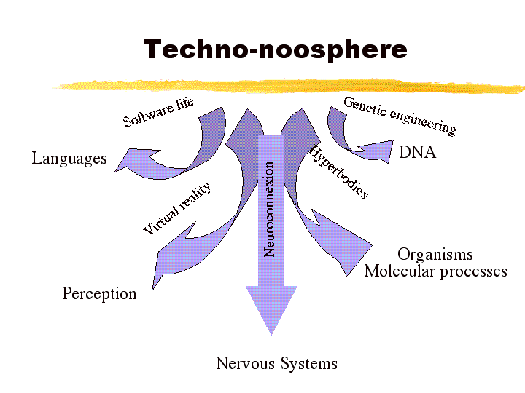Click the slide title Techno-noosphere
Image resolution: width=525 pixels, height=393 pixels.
pyautogui.click(x=275, y=49)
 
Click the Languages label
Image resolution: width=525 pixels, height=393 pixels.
pyautogui.click(x=69, y=158)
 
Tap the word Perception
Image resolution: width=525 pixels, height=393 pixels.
pyautogui.click(x=99, y=293)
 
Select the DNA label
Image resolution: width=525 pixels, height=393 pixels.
pyautogui.click(x=417, y=153)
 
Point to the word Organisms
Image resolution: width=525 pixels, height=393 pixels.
pyautogui.click(x=435, y=254)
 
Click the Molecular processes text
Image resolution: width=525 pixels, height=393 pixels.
pyautogui.click(x=435, y=271)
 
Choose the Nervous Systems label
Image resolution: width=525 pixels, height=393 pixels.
pyautogui.click(x=276, y=363)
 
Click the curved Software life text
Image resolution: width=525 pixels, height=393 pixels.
pyautogui.click(x=158, y=111)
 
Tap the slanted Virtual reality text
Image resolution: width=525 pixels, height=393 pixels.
pyautogui.click(x=176, y=209)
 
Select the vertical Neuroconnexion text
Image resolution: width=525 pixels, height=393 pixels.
pyautogui.click(x=270, y=208)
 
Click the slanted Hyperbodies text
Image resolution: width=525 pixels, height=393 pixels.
pyautogui.click(x=339, y=172)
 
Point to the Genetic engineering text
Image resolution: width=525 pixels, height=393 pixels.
pyautogui.click(x=400, y=115)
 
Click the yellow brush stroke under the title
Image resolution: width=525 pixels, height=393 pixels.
pyautogui.click(x=292, y=85)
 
